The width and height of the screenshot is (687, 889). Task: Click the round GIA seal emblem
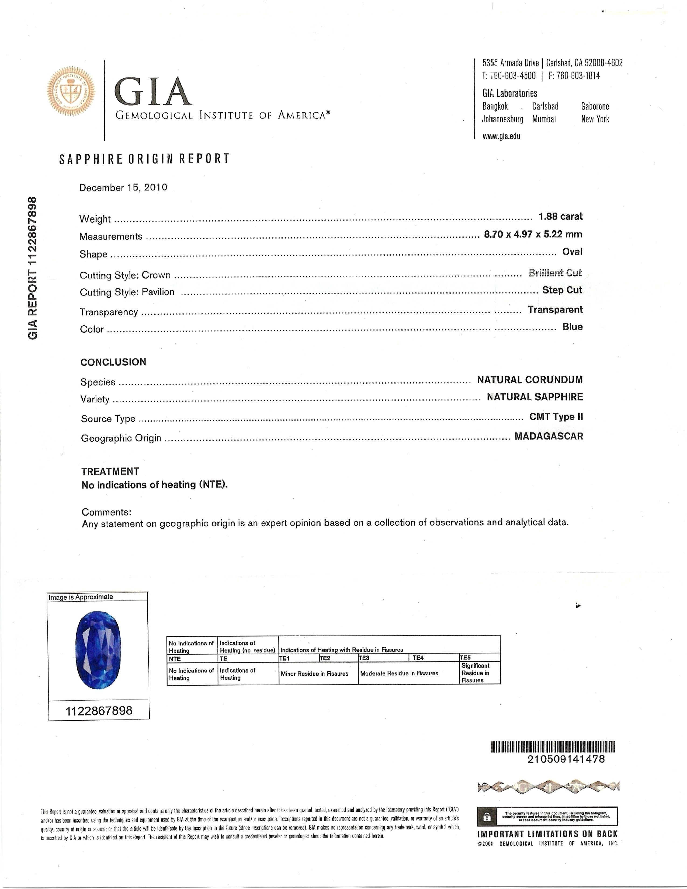(71, 90)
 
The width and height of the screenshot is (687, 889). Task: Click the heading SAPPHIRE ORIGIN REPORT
(144, 159)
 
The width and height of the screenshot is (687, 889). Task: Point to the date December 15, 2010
(123, 188)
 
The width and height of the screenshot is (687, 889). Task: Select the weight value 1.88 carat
(560, 217)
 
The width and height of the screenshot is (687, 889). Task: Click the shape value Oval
(572, 252)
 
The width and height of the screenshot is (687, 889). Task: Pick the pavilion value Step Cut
(562, 290)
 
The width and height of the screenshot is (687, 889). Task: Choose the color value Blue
(573, 327)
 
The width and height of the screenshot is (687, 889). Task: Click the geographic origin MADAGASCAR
(549, 436)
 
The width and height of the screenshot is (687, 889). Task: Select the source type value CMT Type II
(556, 417)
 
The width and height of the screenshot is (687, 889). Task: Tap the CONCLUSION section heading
(113, 362)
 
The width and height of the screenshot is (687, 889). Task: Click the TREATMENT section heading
(110, 471)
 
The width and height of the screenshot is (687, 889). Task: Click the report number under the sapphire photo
(99, 711)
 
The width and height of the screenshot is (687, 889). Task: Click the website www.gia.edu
(501, 136)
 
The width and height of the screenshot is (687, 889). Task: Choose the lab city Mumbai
(544, 119)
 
